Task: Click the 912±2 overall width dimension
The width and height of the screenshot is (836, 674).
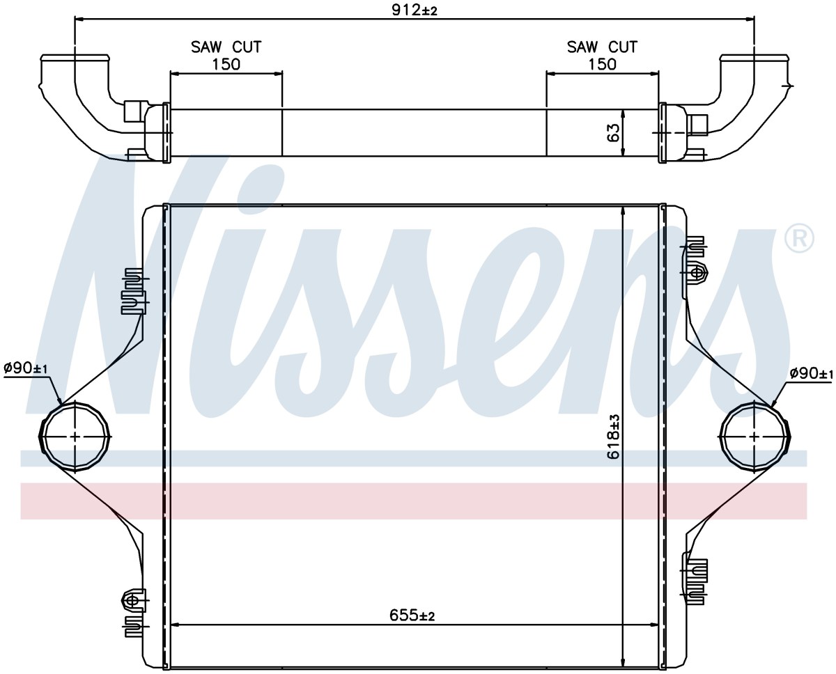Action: coord(414,10)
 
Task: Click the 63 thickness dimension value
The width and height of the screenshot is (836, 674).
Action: coord(614,133)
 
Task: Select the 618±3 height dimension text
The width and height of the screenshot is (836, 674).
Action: coord(613,437)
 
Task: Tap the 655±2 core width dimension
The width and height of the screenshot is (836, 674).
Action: coord(412,616)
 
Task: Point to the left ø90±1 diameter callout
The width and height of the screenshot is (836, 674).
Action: coord(26,368)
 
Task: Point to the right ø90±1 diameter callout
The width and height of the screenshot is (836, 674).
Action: coord(811,373)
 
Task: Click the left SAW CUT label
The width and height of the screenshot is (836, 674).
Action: coord(226,47)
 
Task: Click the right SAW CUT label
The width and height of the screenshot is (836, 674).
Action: coord(602,47)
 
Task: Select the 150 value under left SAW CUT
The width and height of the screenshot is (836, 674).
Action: coord(226,64)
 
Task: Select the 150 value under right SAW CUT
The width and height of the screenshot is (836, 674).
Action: coord(602,64)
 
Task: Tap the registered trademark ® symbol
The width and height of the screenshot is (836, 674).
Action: coord(800,238)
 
